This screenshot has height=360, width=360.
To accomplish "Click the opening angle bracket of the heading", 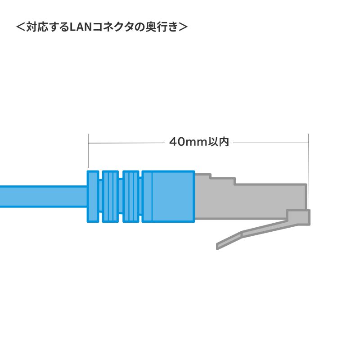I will pos(21,27).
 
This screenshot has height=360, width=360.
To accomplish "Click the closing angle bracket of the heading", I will pos(183,27).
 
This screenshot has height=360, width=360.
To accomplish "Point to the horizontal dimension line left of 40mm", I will pos(126,143).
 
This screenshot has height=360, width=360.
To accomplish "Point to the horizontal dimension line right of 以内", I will pos(270,143).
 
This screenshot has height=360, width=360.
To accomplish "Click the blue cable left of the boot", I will pos(40,197).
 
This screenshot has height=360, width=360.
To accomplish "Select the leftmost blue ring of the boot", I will pos(93,196).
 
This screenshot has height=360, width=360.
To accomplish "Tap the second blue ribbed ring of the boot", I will pos(110,196).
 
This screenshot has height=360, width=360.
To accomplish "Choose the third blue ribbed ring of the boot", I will pos(130,196).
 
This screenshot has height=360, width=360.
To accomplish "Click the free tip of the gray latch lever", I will pos(219,246).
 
